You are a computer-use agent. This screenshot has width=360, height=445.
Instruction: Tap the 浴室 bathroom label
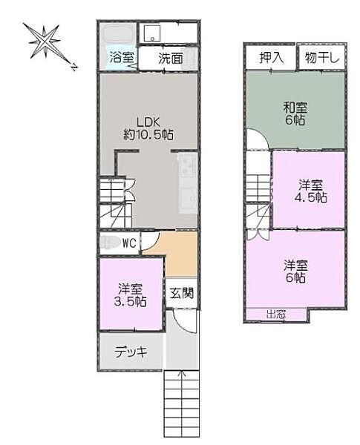121,56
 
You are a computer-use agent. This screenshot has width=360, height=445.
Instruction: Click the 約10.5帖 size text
148,135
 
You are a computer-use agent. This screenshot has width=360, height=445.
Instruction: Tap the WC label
128,243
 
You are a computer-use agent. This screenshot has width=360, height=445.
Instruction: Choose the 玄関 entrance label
181,294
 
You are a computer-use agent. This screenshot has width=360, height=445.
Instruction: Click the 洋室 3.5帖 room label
131,294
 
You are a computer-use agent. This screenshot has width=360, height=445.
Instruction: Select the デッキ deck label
130,352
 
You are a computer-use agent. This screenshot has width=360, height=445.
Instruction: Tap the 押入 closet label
270,57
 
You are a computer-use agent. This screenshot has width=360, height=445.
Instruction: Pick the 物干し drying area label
321,57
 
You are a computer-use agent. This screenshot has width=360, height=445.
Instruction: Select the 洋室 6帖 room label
295,271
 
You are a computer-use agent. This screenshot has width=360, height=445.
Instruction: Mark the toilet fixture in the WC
110,242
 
